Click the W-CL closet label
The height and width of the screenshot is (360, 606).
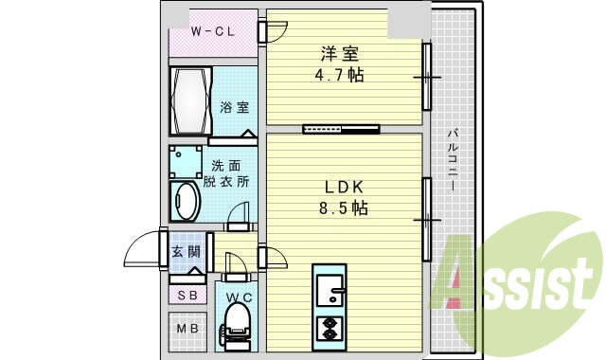pyautogui.click(x=213, y=32)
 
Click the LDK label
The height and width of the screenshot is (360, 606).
pyautogui.click(x=342, y=187)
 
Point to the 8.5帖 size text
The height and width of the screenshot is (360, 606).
pyautogui.click(x=342, y=207)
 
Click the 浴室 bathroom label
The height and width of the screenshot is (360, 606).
pyautogui.click(x=235, y=107)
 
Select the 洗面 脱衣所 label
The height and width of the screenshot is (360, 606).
pyautogui.click(x=225, y=172)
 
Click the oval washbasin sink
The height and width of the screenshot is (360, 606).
pyautogui.click(x=185, y=202)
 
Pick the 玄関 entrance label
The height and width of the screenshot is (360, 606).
pyautogui.click(x=186, y=252)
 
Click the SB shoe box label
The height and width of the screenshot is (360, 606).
pyautogui.click(x=187, y=296)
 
